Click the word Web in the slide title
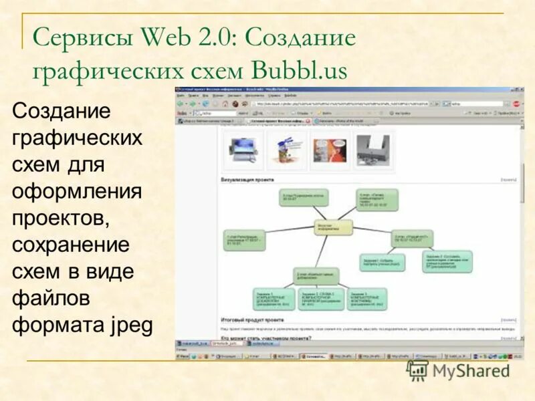click(169, 38)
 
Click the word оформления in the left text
click(77, 191)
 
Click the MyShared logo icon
click(418, 370)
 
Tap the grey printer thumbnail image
click(372, 149)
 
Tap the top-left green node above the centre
click(302, 197)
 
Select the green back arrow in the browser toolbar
click(181, 104)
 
